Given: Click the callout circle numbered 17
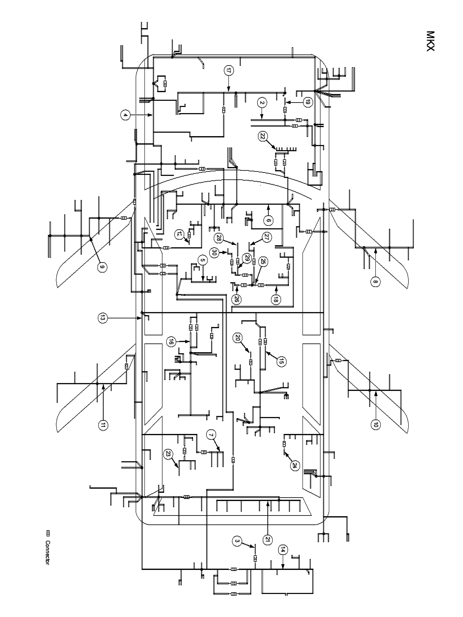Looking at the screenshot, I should pyautogui.click(x=228, y=71).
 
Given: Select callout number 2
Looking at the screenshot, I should pyautogui.click(x=262, y=103).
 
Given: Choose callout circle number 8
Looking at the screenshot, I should pyautogui.click(x=375, y=282).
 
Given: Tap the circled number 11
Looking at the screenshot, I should pyautogui.click(x=103, y=425).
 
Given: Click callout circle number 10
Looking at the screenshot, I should pyautogui.click(x=375, y=424).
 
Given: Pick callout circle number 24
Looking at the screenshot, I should pyautogui.click(x=295, y=465).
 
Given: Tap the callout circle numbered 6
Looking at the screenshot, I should pyautogui.click(x=268, y=220).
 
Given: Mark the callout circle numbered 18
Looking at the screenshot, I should pyautogui.click(x=276, y=300).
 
